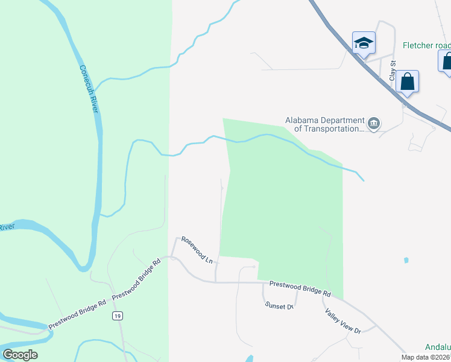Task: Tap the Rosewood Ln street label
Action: [x=198, y=249]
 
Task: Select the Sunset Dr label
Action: [x=279, y=305]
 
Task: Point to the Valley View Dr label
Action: [x=342, y=321]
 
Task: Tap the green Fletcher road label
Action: [x=426, y=46]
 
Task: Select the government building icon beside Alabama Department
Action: [x=374, y=124]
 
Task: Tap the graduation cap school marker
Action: [x=364, y=43]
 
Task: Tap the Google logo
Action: [x=20, y=355]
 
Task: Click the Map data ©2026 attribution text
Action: [x=426, y=357]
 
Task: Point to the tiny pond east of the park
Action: [x=406, y=261]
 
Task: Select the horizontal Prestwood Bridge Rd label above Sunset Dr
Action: [x=300, y=288]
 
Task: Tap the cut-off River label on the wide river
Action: [x=6, y=227]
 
